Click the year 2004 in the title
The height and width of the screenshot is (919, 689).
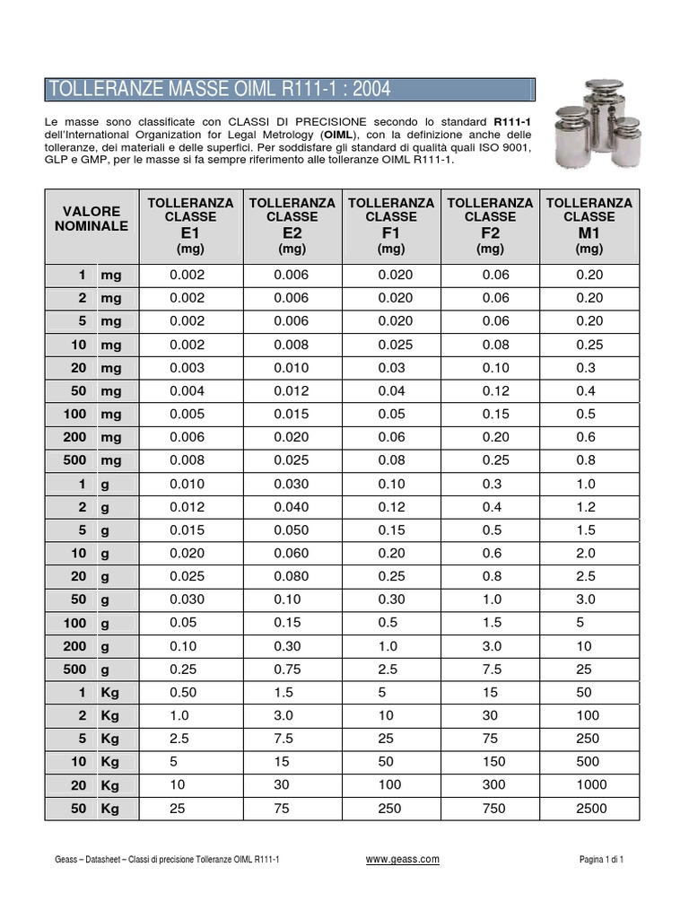366,89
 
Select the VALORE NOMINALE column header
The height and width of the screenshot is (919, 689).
91,218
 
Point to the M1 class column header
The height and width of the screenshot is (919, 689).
589,225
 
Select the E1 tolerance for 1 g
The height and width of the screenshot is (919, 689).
188,484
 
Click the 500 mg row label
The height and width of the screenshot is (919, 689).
91,460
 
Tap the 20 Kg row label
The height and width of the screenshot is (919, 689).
91,785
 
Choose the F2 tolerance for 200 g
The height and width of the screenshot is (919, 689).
490,646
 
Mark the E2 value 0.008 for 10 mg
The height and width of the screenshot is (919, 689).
292,345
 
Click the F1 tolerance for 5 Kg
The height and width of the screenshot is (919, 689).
390,739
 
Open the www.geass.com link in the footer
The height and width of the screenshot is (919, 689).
403,859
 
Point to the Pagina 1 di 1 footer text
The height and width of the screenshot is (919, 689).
601,860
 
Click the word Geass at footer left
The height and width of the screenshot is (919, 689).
65,860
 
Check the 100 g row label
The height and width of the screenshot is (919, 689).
91,623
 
